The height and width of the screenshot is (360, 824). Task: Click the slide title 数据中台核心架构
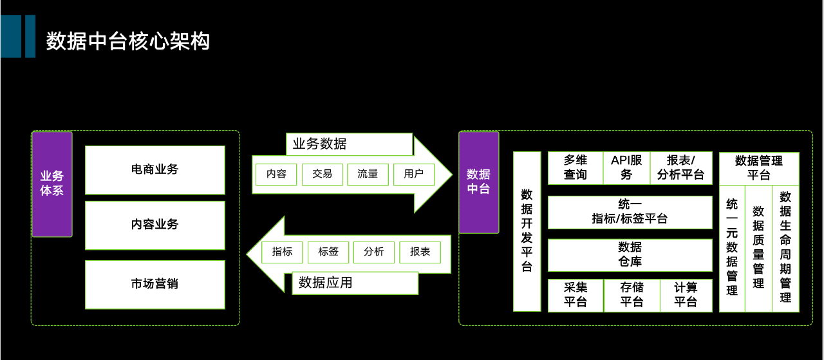pos(128,42)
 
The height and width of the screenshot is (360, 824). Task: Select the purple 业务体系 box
pos(52,184)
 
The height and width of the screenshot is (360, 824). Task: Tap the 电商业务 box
pos(154,170)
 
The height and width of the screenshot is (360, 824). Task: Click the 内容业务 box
pos(154,225)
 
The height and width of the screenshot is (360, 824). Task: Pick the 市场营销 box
pos(154,284)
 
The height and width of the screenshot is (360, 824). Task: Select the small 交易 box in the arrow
pos(322,174)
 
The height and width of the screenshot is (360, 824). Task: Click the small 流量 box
pos(368,174)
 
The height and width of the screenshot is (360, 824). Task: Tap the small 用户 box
pos(413,174)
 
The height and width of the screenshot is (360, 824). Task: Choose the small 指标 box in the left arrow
pos(282,252)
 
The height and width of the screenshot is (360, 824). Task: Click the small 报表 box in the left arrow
pos(420,252)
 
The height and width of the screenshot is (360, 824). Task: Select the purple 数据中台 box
pos(478,182)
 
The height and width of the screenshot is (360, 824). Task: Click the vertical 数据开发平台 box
pos(527,231)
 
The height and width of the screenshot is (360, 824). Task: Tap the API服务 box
pos(626,167)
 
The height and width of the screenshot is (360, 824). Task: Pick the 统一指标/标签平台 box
pos(630,212)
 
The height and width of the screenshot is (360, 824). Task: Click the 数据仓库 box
pos(630,254)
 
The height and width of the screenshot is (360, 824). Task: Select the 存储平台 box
pos(632,295)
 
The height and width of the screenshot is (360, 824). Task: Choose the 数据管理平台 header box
pos(758,167)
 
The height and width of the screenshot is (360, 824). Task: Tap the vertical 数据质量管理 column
pos(758,248)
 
